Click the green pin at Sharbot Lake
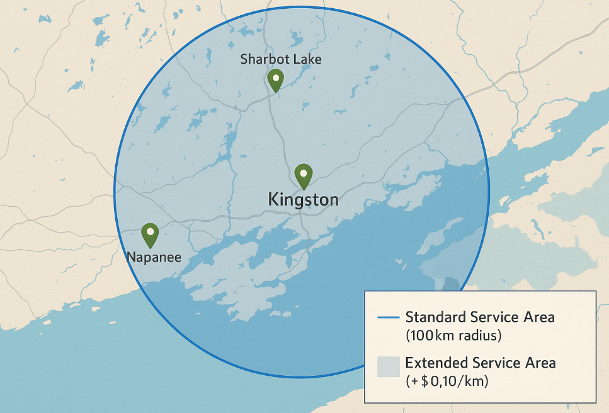275,80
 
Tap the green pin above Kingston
304,175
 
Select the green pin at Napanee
150,235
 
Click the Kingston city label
303,201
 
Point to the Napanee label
154,257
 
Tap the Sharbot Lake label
281,59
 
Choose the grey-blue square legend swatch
388,366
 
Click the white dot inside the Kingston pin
304,172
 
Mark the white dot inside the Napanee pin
150,231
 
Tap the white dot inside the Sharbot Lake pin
275,77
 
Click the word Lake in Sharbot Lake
308,59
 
